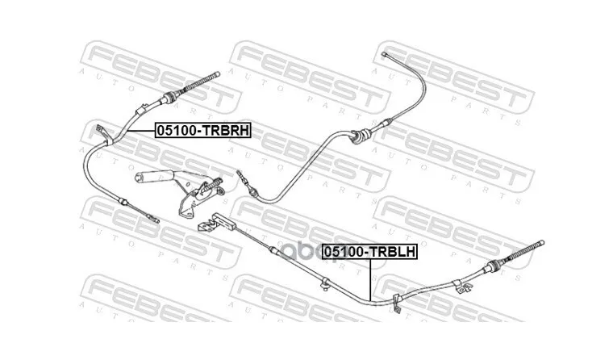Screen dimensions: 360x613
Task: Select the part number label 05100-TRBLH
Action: point(370,252)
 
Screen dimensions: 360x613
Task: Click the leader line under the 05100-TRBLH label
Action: point(369,279)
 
